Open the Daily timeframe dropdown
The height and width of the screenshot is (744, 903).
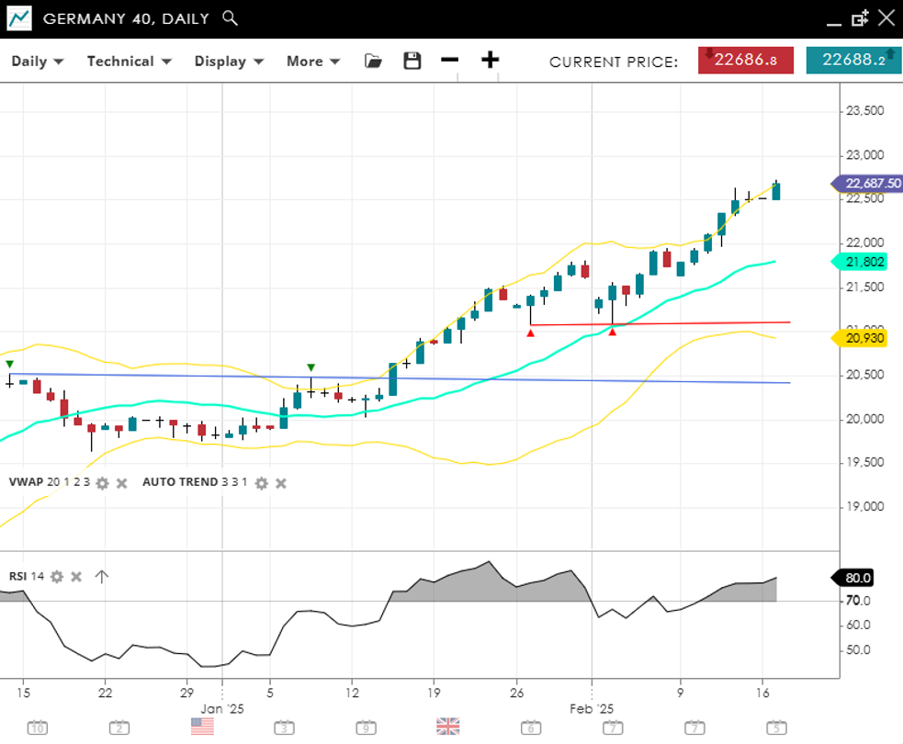pos(37,62)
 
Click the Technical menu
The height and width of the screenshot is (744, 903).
pos(129,62)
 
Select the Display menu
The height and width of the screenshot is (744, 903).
pos(229,62)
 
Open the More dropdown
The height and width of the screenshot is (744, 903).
pos(313,62)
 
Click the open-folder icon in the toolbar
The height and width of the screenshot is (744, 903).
pos(373,61)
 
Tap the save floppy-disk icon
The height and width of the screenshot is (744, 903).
pos(412,61)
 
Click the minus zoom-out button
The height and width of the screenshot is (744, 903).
pos(449,61)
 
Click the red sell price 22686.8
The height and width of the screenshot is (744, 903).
pos(745,61)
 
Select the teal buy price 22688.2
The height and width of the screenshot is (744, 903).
pos(853,61)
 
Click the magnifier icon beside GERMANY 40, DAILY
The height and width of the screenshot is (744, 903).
pos(231,18)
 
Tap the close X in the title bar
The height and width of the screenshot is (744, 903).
pos(886,17)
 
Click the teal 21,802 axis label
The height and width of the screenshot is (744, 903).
pos(866,262)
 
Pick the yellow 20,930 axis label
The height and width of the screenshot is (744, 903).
pos(866,338)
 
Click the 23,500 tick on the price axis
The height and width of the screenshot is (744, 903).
pos(863,111)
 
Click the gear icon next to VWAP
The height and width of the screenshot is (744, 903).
pos(102,483)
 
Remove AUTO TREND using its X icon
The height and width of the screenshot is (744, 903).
pos(281,483)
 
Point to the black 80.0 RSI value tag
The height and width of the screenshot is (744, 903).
pos(854,578)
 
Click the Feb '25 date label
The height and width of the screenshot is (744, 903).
pos(592,709)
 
